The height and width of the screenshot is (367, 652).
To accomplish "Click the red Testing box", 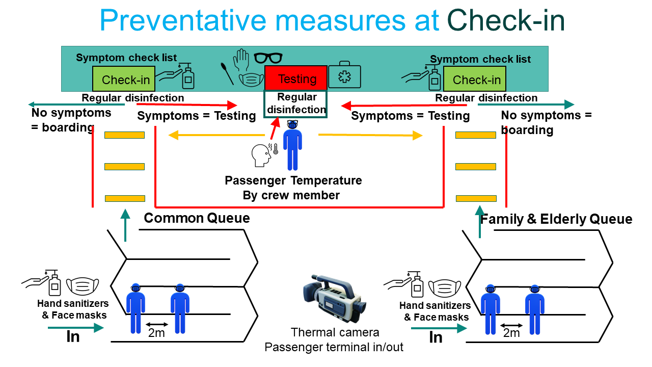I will [296, 78].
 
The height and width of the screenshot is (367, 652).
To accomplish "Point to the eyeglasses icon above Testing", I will [268, 58].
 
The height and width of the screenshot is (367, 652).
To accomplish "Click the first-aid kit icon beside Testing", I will [344, 76].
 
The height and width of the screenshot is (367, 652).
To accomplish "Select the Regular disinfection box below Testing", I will [295, 103].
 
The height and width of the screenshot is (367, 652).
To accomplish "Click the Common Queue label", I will [197, 219].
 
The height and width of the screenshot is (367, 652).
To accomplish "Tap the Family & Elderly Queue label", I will [556, 220].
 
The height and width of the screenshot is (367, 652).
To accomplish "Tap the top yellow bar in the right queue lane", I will [475, 135].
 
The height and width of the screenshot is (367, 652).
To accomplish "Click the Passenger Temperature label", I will [293, 180].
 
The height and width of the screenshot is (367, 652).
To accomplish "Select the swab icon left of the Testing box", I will [227, 73].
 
